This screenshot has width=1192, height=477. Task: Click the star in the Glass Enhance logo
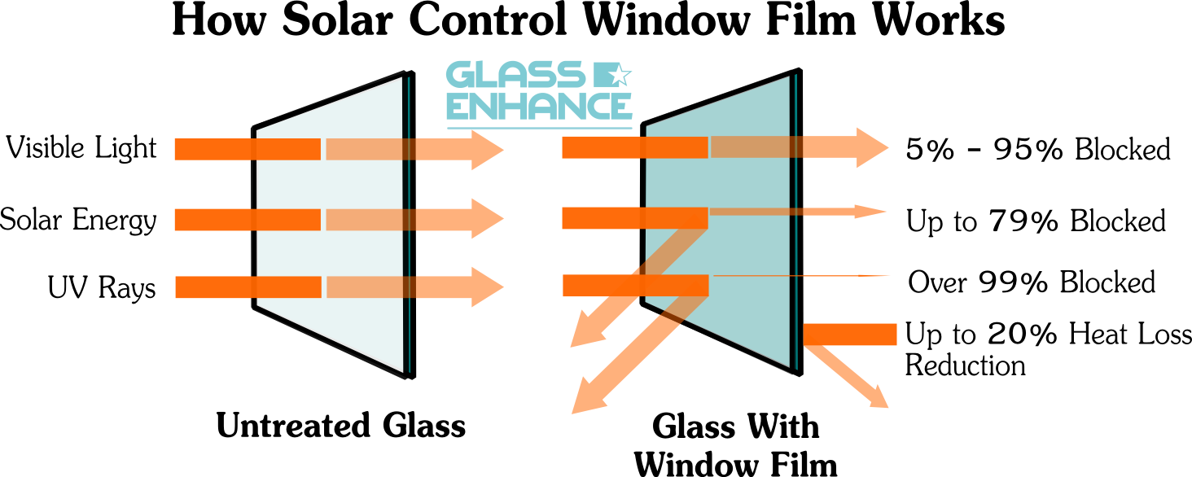(x=619, y=74)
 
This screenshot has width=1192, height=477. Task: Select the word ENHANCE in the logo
(x=539, y=107)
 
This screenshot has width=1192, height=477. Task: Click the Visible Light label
(x=81, y=148)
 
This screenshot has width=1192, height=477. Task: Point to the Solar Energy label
(x=78, y=220)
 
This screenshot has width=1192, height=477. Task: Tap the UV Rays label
(x=102, y=287)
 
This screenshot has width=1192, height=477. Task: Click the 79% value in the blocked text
(x=1023, y=221)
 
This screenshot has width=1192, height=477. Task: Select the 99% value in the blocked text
(x=1013, y=282)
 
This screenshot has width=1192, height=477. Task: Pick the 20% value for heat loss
(x=1023, y=334)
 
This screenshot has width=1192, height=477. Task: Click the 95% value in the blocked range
(x=1028, y=149)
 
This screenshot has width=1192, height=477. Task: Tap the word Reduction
(x=966, y=365)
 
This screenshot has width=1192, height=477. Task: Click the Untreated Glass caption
(x=341, y=426)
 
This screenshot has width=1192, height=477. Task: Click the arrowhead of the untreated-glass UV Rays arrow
(x=488, y=287)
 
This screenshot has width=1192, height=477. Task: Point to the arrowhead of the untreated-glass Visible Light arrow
(x=488, y=150)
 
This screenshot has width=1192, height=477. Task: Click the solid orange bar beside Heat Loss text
(x=850, y=335)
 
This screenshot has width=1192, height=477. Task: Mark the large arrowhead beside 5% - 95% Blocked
(x=873, y=148)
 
